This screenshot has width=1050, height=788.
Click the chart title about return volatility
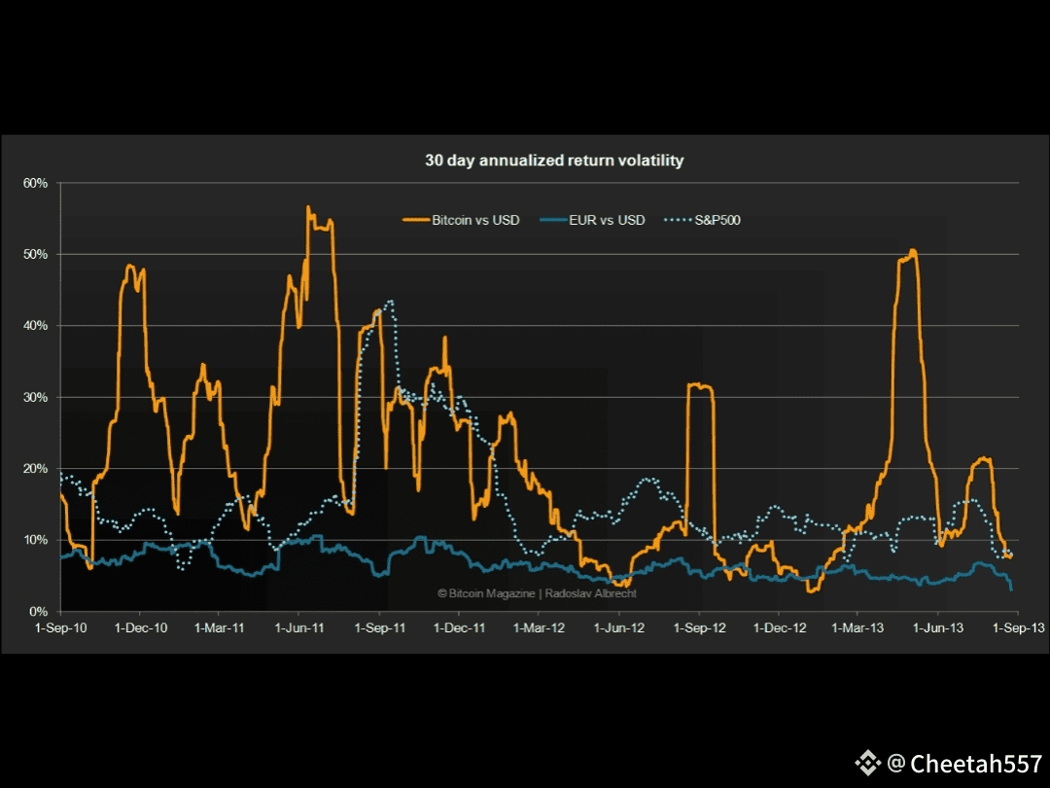click(x=554, y=161)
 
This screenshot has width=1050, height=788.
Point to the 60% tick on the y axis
click(x=35, y=183)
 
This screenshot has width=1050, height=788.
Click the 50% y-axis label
click(x=35, y=254)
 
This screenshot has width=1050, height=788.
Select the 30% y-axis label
click(x=35, y=397)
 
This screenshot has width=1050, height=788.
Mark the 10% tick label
click(x=35, y=540)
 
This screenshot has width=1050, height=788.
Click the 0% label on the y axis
click(x=38, y=611)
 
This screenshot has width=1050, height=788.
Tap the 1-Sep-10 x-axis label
click(x=60, y=628)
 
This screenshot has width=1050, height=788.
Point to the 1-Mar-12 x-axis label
click(x=539, y=628)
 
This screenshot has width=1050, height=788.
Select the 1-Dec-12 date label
click(x=779, y=628)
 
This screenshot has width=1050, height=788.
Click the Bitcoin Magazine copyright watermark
click(x=537, y=593)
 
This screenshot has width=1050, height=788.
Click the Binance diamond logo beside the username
click(x=867, y=764)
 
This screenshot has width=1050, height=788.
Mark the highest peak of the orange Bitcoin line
click(x=308, y=207)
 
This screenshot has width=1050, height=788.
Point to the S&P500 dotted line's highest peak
click(x=390, y=302)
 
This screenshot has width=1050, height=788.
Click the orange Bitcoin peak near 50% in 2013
click(x=913, y=251)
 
